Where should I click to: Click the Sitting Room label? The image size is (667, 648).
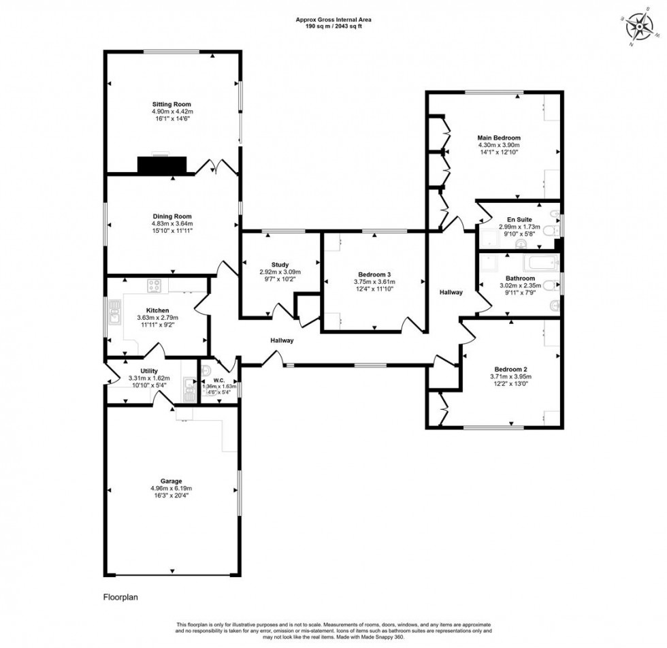coord(172,104)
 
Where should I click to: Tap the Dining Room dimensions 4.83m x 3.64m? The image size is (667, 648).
coord(172,223)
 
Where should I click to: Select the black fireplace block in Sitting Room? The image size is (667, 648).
coord(162,165)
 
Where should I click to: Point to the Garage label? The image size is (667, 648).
coord(172,481)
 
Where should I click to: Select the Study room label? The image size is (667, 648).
coord(280,265)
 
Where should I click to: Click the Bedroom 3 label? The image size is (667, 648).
coord(374,275)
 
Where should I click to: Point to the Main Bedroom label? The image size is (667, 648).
coord(499,137)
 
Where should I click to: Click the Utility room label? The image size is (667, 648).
coord(149,371)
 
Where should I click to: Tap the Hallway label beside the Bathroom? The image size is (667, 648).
coord(451,292)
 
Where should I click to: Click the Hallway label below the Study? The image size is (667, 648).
coord(282,340)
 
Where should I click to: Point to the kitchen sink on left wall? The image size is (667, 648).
coord(114,314)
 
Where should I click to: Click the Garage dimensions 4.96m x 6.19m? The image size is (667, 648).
coord(172,488)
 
